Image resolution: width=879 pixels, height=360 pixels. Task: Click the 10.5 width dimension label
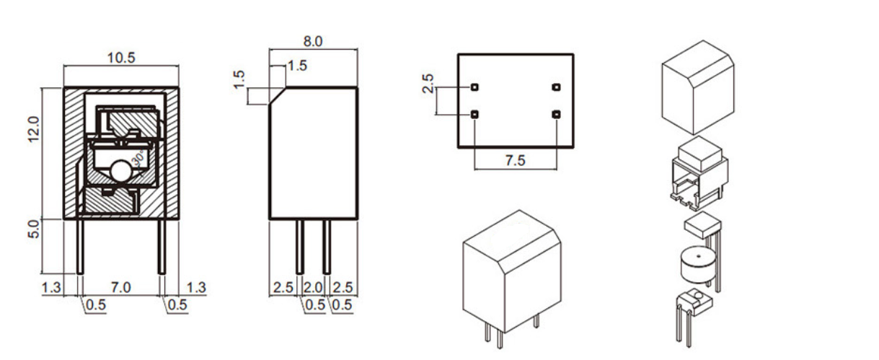(121, 58)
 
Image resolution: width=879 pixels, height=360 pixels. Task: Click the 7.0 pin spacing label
(120, 288)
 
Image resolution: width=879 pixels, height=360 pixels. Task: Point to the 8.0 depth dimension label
(313, 42)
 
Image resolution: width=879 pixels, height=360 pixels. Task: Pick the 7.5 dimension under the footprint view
(515, 160)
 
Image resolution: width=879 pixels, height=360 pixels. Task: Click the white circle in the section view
(120, 172)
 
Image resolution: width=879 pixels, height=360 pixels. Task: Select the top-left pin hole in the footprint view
(474, 87)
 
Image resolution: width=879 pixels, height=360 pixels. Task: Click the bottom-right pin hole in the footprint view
(556, 115)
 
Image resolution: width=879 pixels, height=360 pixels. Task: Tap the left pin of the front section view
(79, 246)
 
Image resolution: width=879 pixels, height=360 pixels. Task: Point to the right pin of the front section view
(162, 246)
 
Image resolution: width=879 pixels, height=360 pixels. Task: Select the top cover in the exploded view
(697, 87)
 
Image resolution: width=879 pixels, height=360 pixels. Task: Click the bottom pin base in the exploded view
(692, 299)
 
